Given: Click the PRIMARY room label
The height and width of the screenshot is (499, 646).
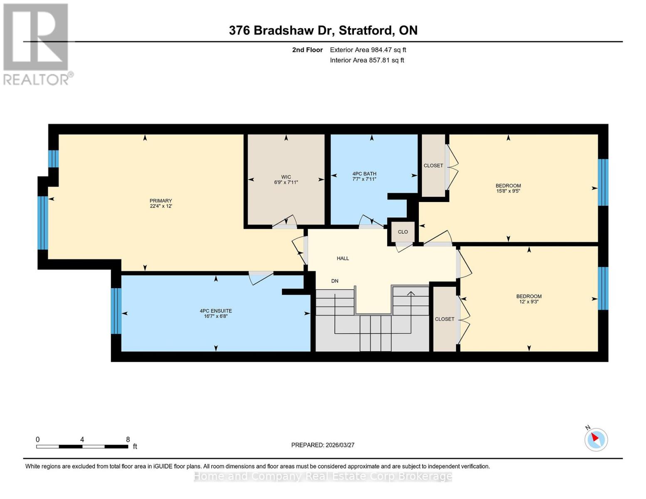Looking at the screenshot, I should pyautogui.click(x=161, y=201).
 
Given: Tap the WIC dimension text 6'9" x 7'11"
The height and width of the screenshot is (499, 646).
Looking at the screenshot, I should pyautogui.click(x=286, y=182).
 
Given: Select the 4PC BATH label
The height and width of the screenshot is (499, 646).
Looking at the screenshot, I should pyautogui.click(x=364, y=174).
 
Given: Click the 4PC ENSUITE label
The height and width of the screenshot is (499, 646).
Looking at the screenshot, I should pyautogui.click(x=215, y=311).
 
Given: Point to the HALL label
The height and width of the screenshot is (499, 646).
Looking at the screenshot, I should pyautogui.click(x=343, y=258).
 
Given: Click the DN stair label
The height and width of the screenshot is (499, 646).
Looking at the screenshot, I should pyautogui.click(x=335, y=281).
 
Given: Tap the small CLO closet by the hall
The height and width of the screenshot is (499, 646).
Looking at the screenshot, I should pyautogui.click(x=403, y=232).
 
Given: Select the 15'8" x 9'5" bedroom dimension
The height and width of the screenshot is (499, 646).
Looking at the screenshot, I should pyautogui.click(x=508, y=191).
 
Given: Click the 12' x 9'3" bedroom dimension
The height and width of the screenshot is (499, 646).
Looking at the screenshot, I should pyautogui.click(x=529, y=302).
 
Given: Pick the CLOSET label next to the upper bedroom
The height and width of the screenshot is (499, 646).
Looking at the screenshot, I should pyautogui.click(x=433, y=166).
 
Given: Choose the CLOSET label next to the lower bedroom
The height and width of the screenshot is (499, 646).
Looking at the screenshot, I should pyautogui.click(x=444, y=319).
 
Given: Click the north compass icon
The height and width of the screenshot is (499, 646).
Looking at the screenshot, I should pyautogui.click(x=596, y=439).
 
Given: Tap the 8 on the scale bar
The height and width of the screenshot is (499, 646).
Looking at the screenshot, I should pyautogui.click(x=128, y=440).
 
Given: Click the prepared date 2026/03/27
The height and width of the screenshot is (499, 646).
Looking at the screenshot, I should pyautogui.click(x=339, y=445).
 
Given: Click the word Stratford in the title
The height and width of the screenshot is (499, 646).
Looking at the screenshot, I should pyautogui.click(x=365, y=30).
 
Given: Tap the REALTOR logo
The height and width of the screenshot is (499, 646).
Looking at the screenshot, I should pyautogui.click(x=37, y=44).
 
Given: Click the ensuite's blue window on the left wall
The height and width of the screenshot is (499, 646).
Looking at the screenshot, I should pyautogui.click(x=116, y=311).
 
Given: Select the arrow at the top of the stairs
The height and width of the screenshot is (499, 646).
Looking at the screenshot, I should pyautogui.click(x=411, y=294).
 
